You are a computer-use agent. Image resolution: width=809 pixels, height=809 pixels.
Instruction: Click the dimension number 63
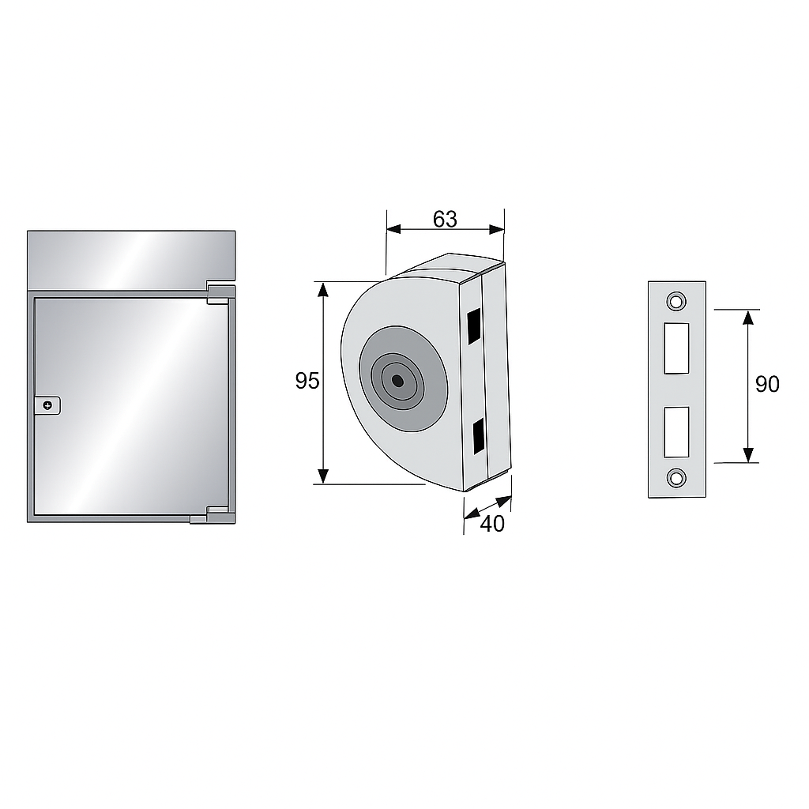pos(445,220)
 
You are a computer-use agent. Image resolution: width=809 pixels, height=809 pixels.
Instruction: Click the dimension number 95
pos(307,381)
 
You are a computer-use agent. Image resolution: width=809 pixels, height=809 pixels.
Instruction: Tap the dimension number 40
pos(492,524)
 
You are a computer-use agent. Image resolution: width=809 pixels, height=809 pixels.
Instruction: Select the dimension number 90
pos(767,385)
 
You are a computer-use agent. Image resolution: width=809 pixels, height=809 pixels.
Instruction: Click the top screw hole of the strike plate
pos(676,301)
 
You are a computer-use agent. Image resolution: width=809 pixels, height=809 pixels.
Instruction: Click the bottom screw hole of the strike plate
pos(676,478)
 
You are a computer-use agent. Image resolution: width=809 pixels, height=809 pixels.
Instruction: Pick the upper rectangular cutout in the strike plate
pos(676,348)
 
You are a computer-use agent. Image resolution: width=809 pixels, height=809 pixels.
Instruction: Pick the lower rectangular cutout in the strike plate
pos(676,432)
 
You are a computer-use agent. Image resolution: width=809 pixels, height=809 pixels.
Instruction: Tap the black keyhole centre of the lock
pos(397,381)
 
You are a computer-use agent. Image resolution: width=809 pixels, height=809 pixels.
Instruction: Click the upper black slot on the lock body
pos(474,326)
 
